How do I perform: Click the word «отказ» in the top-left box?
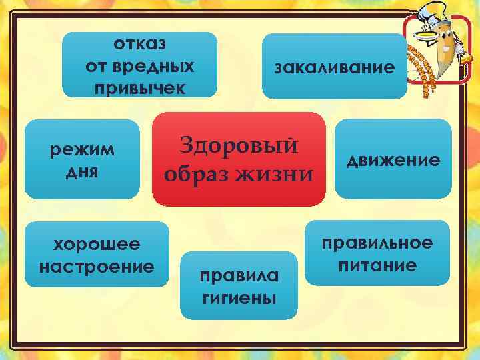point(140,44)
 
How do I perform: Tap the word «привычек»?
point(140,88)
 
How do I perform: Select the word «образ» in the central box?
point(196,175)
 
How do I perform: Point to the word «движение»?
point(392,160)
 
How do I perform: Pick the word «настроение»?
point(97,267)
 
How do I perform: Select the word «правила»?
point(239,275)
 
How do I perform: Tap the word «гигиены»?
point(239,297)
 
